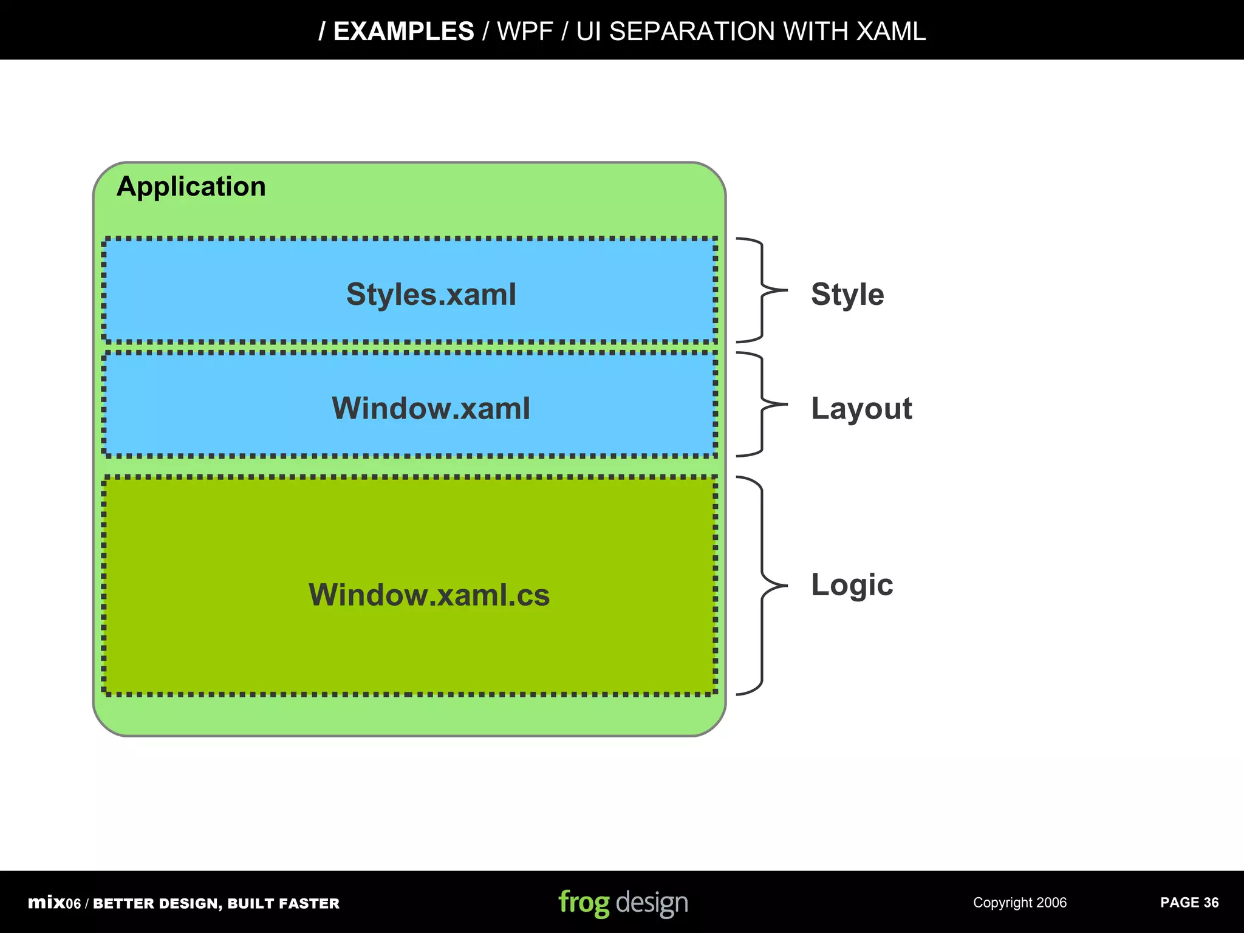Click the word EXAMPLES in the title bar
(403, 32)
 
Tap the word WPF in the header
(525, 32)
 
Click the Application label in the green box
(191, 186)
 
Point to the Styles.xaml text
(431, 295)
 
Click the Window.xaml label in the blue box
(431, 408)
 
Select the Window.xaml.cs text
(429, 595)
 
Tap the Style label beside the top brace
(847, 295)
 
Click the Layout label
(861, 408)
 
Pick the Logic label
(852, 585)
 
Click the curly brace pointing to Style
(761, 290)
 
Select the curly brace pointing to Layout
(761, 404)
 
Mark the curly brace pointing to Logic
(761, 586)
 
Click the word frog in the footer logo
(584, 903)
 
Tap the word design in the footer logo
(652, 903)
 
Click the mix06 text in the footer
(54, 903)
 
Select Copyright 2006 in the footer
(1020, 903)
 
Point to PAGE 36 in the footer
(1189, 903)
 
